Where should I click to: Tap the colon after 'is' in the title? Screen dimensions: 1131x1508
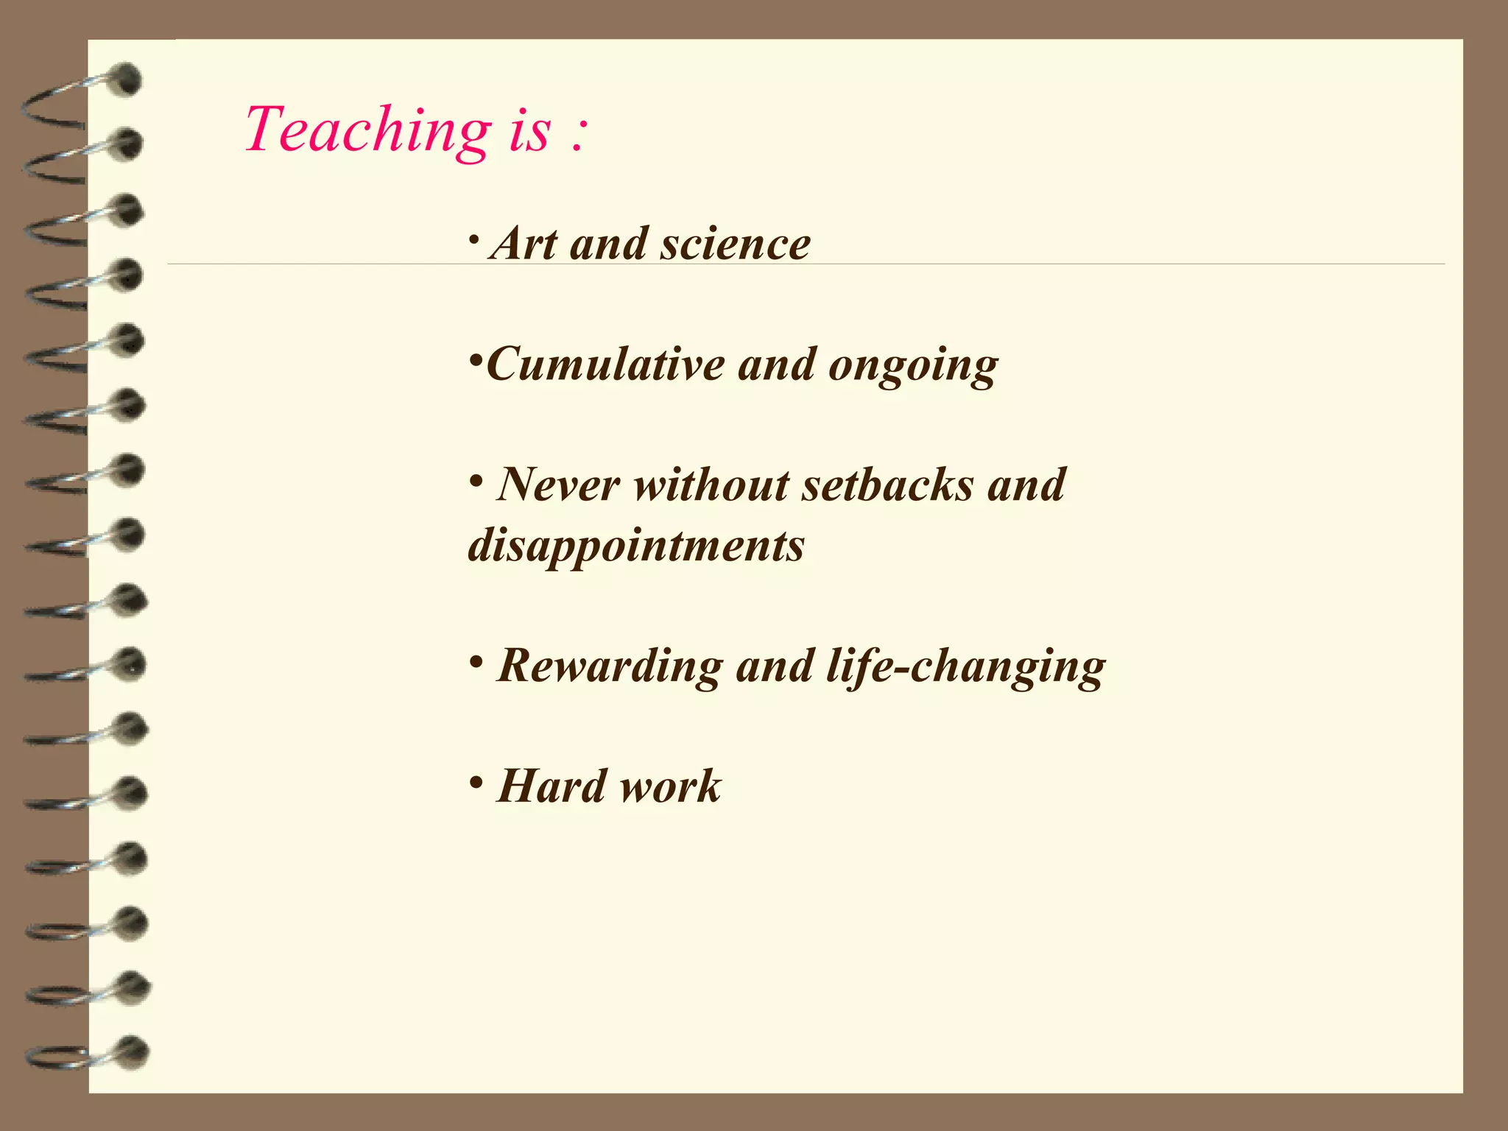tap(578, 135)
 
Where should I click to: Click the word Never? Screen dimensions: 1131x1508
tap(557, 485)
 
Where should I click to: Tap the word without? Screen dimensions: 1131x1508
tap(711, 485)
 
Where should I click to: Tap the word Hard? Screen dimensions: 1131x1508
tap(551, 786)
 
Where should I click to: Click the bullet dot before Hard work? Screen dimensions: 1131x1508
tap(476, 781)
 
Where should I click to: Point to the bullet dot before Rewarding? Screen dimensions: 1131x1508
tap(476, 661)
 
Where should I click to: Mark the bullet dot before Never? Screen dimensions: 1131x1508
tap(476, 480)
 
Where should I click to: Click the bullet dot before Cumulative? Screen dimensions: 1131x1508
tap(476, 361)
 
